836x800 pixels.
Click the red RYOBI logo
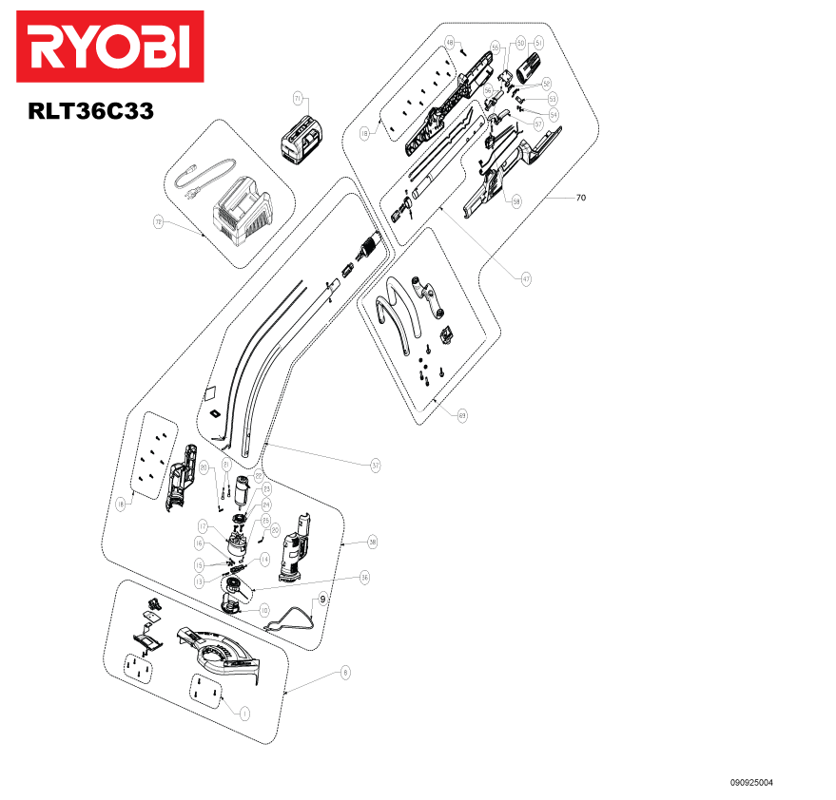coord(109,47)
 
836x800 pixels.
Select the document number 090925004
coord(751,783)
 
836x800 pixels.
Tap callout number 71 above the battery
coord(298,99)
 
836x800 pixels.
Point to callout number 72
coord(159,221)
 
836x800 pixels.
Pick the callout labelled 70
coord(580,199)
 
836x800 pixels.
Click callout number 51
coord(538,43)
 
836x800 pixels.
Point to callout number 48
coord(451,43)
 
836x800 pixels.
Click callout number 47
coord(525,279)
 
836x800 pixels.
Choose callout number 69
coord(462,415)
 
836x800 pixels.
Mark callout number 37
coord(376,465)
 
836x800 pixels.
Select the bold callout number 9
coord(323,600)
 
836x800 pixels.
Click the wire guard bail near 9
coord(291,619)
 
